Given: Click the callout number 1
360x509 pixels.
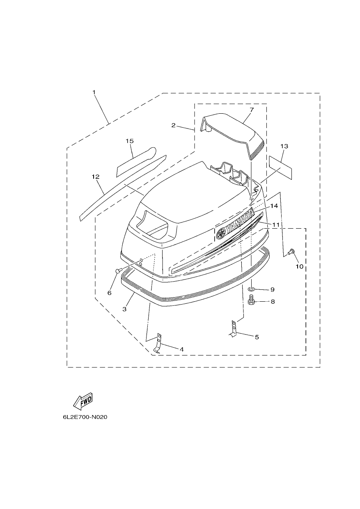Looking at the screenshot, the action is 94,92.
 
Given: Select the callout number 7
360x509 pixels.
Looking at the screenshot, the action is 251,110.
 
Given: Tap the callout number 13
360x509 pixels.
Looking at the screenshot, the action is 284,146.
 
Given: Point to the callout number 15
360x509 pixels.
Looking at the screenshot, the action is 130,141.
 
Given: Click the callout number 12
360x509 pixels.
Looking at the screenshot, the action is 96,177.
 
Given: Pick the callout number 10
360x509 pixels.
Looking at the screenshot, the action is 300,266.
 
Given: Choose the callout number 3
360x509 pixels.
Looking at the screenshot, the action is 124,309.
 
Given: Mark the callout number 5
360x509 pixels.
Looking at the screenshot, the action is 257,337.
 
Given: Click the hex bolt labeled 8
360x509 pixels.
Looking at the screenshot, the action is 251,300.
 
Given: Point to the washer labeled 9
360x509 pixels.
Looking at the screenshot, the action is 251,289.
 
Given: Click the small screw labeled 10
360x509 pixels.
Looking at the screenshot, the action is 291,252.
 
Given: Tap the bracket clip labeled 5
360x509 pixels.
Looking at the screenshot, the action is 233,328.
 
